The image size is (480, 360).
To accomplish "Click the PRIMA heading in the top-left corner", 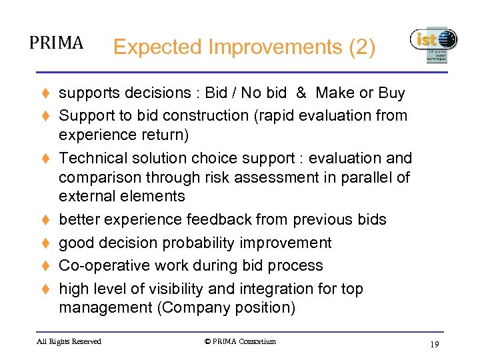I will (56, 43).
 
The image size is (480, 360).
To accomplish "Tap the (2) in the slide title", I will (362, 47).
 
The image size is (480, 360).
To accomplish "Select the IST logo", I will (433, 44).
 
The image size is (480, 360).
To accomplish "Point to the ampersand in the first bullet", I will (301, 93).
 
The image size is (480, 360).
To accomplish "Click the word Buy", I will (391, 93).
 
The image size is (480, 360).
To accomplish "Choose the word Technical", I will (91, 158).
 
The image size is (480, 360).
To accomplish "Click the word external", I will (85, 196).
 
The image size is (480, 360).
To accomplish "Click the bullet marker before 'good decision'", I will (47, 243).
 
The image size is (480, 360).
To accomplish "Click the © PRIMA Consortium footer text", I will (240, 341).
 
